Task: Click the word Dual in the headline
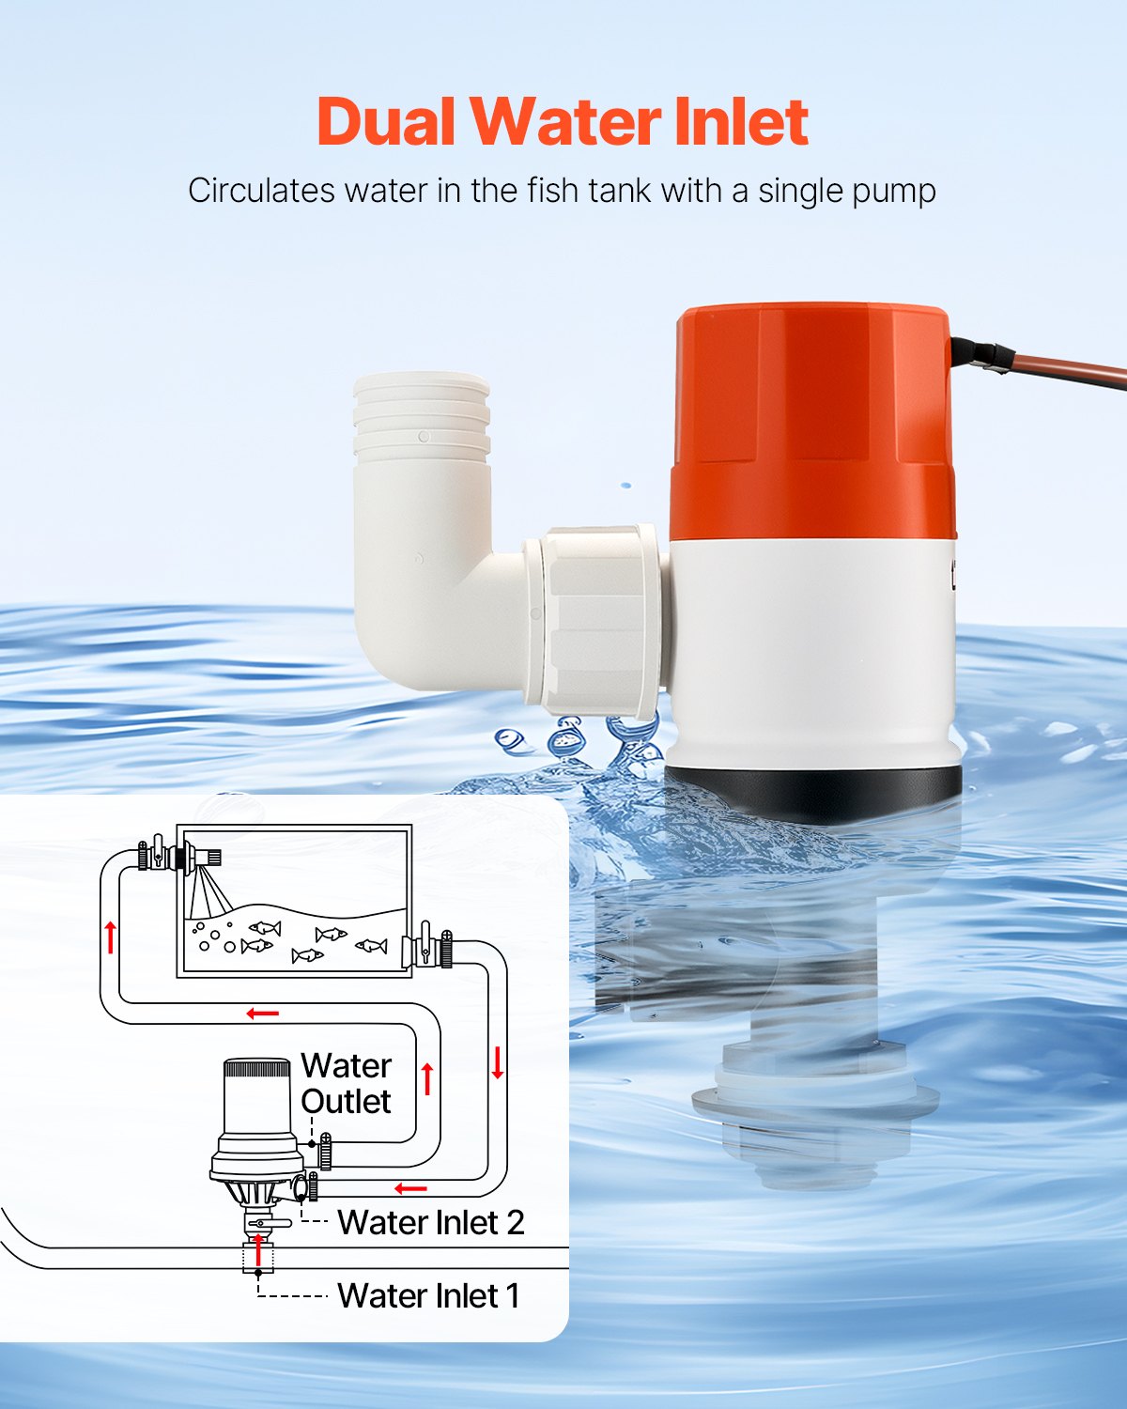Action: click(386, 122)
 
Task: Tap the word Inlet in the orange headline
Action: click(741, 122)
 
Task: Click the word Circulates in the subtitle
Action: click(261, 191)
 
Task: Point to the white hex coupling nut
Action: click(596, 615)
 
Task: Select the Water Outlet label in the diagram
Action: click(346, 1083)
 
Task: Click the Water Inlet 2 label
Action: click(430, 1222)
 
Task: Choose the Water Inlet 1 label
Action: click(427, 1295)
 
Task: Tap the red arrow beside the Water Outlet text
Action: click(427, 1078)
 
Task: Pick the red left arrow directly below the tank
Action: click(263, 1014)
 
